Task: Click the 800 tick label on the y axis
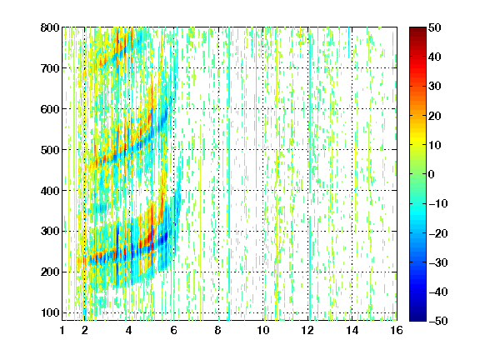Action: pos(50,27)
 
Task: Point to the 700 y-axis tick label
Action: pos(50,68)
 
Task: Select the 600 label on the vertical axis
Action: pos(50,109)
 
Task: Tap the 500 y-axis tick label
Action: pos(50,150)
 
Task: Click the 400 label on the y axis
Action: pos(50,191)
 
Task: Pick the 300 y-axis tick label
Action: pos(50,232)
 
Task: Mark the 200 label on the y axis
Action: pos(50,272)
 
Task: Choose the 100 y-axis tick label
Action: pos(50,312)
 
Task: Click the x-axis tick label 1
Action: pos(62,330)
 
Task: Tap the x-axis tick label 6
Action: pos(174,330)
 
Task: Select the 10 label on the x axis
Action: pos(263,330)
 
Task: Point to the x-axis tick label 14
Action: pos(352,330)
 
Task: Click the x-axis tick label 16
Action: pos(397,330)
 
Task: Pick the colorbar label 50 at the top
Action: pos(435,27)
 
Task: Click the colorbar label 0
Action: pos(432,174)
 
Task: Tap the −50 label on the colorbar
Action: pos(438,321)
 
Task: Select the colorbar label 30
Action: pos(435,87)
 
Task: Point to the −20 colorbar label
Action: pos(438,233)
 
